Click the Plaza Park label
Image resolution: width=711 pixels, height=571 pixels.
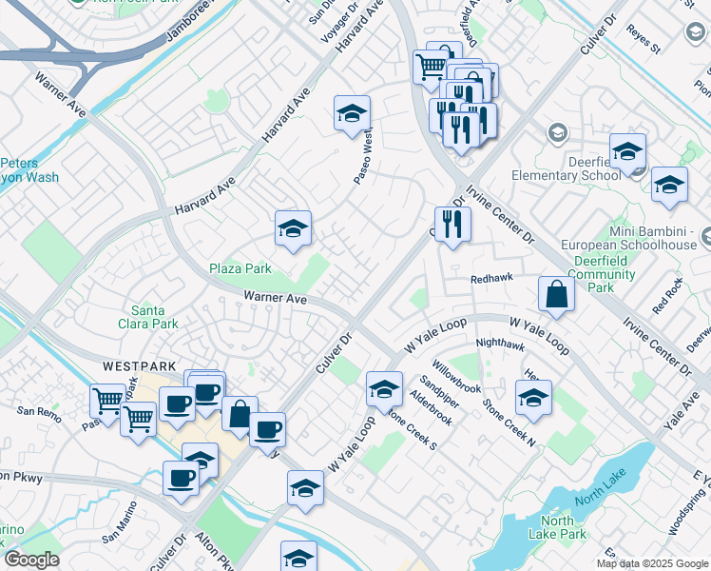point(240,268)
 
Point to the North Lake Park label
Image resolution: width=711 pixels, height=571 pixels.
point(557,527)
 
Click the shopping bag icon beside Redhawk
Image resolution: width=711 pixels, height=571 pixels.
point(556,294)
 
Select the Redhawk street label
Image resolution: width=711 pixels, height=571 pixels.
point(491,279)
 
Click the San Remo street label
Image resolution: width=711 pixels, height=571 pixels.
point(38,411)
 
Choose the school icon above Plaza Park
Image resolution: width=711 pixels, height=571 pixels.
point(293,228)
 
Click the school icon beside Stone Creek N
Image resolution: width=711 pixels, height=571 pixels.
point(533,399)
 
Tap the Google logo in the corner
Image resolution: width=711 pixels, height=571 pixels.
point(31,560)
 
